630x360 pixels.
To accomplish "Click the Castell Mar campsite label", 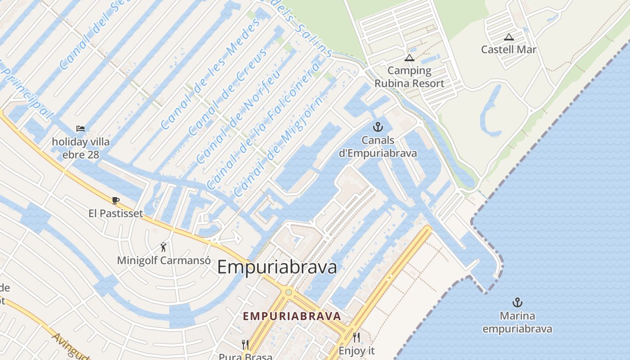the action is (x=508, y=49).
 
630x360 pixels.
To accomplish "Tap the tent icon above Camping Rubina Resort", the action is (x=409, y=58).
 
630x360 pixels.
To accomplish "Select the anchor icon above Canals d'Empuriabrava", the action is (x=378, y=127).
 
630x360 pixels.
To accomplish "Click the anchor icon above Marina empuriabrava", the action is (x=517, y=302).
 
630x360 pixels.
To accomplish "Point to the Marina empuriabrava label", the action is (x=517, y=322).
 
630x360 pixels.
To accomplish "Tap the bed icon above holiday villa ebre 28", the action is (x=81, y=129).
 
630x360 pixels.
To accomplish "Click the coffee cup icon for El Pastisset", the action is (x=116, y=200).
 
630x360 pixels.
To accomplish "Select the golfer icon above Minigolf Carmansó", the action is (x=163, y=247).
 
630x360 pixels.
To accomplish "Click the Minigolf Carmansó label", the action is (x=164, y=261).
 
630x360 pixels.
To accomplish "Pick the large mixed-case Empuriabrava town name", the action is (x=277, y=267).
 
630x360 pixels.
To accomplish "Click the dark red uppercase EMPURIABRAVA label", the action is (x=292, y=316).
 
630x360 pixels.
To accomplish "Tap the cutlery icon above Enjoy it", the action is (x=356, y=337).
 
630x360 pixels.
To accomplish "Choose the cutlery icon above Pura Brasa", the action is (x=245, y=345).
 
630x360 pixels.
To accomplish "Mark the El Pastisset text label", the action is (x=116, y=213).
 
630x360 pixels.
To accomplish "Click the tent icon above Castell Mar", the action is (x=509, y=37).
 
